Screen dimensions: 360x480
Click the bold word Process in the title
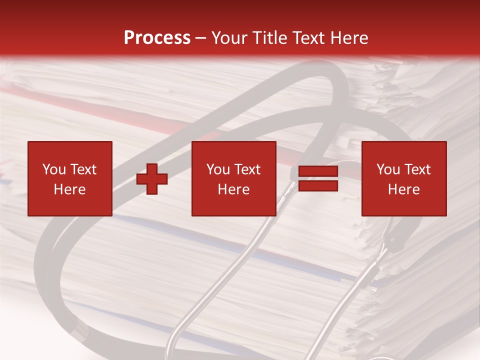(x=157, y=38)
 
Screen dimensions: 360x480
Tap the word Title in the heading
(x=270, y=38)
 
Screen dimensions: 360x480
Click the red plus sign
(x=152, y=179)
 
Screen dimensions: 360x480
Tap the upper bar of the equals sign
(x=318, y=171)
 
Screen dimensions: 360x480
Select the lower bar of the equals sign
(x=318, y=186)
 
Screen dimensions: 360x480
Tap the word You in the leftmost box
(x=54, y=169)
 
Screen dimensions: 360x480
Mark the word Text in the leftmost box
(x=83, y=169)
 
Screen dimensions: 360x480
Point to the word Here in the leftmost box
(x=70, y=189)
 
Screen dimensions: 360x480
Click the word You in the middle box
(x=218, y=169)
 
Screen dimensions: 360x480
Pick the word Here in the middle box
(x=233, y=189)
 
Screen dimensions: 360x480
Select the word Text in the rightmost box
(x=417, y=169)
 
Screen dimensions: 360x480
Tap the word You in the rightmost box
(x=388, y=169)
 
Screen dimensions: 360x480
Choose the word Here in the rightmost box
(x=404, y=189)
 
